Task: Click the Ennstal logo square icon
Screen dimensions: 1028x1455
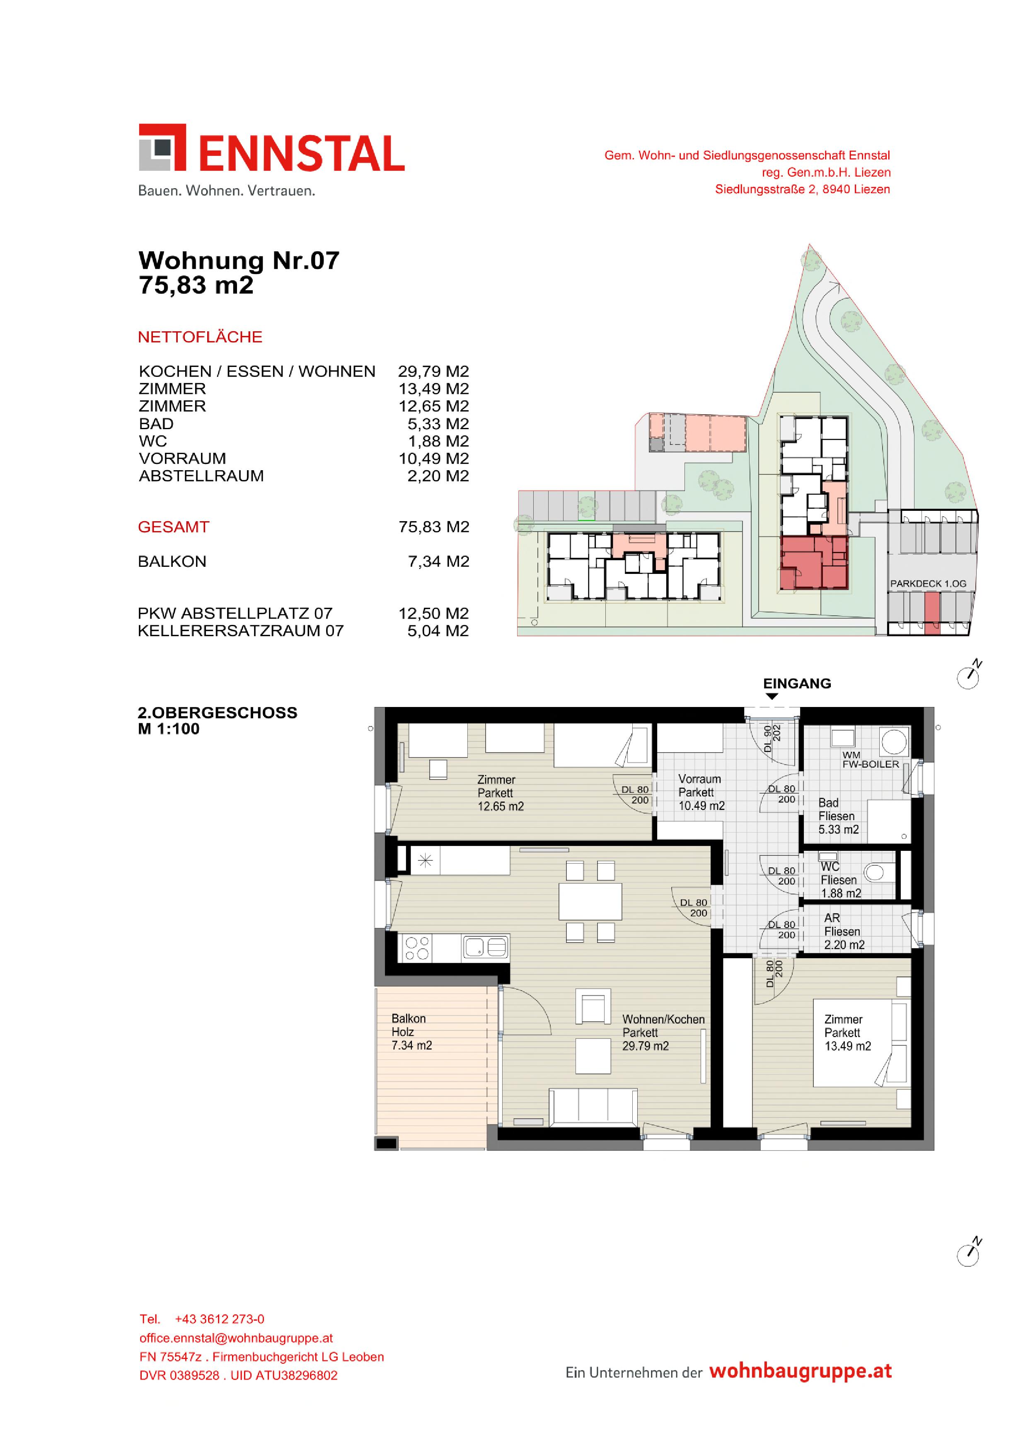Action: [162, 147]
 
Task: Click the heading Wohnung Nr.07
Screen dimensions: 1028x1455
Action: [239, 260]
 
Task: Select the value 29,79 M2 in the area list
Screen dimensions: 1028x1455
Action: [433, 372]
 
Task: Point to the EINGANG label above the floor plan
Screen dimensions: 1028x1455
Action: [797, 683]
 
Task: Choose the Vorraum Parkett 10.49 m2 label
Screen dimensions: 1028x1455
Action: [701, 792]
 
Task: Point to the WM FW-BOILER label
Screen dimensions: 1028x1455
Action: [870, 760]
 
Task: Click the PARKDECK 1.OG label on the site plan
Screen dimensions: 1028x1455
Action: [928, 584]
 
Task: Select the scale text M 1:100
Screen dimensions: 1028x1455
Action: [169, 729]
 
